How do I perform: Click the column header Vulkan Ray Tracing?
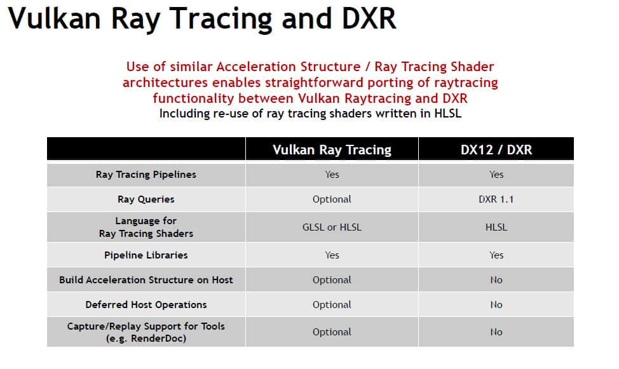click(332, 150)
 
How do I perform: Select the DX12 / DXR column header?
click(496, 150)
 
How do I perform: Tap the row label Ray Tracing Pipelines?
click(146, 175)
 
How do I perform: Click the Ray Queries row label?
click(146, 199)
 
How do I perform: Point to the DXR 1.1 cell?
click(496, 199)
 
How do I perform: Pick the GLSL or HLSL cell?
click(332, 227)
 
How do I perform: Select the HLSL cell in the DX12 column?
click(496, 227)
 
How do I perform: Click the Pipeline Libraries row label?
click(146, 255)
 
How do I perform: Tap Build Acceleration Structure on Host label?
click(146, 280)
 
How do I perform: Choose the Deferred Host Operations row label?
click(146, 305)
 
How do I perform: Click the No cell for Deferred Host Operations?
click(496, 305)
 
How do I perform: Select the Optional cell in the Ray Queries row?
click(332, 199)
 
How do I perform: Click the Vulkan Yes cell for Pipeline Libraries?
click(332, 255)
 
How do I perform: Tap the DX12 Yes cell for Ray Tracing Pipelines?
click(496, 175)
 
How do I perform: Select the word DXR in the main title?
click(369, 18)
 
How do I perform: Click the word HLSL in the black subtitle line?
click(447, 114)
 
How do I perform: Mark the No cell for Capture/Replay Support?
click(496, 332)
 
